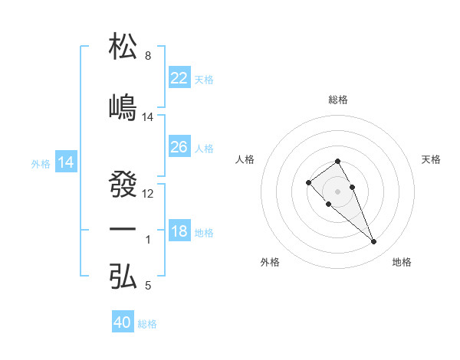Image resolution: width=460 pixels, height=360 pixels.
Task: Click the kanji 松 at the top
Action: (x=123, y=47)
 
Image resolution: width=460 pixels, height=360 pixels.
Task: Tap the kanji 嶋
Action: (x=123, y=107)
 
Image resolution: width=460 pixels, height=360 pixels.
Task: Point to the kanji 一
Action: (x=123, y=230)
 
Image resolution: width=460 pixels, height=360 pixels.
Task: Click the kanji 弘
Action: (x=123, y=277)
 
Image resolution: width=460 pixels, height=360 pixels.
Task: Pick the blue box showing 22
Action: (x=179, y=78)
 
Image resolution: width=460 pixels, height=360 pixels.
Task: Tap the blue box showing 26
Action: (x=179, y=147)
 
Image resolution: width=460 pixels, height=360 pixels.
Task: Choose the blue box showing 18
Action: (x=179, y=231)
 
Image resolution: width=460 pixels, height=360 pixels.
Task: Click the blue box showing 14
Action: (x=65, y=162)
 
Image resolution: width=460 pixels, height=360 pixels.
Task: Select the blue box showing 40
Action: (x=123, y=322)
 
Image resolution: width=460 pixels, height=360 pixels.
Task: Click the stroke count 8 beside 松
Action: (x=148, y=56)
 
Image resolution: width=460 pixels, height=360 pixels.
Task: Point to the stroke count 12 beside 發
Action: (x=148, y=193)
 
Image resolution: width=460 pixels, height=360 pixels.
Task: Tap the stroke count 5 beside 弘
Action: (x=148, y=286)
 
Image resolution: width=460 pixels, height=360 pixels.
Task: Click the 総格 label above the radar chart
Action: (x=338, y=100)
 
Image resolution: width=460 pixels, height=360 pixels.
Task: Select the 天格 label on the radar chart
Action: (x=431, y=159)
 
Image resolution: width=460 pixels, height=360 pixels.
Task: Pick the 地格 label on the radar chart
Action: (x=402, y=262)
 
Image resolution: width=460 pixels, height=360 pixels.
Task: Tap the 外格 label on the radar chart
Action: (x=271, y=262)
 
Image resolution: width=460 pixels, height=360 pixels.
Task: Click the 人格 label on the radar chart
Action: (x=245, y=159)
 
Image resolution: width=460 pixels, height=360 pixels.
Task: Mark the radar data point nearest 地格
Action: (x=374, y=242)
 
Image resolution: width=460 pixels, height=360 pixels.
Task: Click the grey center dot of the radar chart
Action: (x=338, y=191)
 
